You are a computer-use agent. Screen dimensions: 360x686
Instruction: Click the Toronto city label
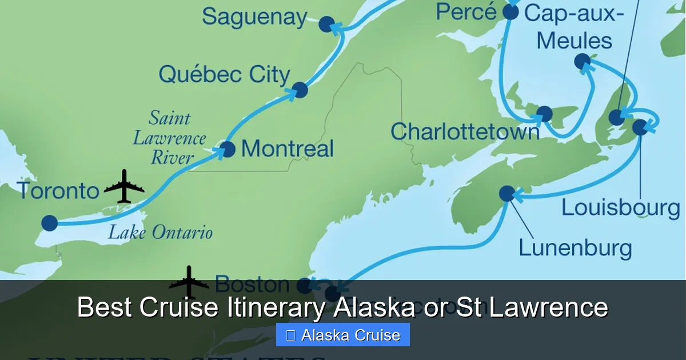pos(58,191)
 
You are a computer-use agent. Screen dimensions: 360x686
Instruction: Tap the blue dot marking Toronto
pos(50,223)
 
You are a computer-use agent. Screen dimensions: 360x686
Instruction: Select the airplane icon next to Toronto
pos(124,186)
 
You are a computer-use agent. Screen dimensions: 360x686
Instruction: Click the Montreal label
pos(287,149)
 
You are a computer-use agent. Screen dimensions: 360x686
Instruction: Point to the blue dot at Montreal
pos(228,149)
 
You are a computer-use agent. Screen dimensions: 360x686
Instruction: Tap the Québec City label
pos(224,75)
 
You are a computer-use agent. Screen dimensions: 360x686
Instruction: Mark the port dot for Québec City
pos(300,90)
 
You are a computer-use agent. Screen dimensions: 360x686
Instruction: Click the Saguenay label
pos(254,17)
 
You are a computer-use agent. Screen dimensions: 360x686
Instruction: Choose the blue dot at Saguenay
pos(326,24)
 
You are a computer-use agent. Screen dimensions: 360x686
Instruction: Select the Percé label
pos(466,12)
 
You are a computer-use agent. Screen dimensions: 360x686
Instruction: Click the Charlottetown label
pos(465,132)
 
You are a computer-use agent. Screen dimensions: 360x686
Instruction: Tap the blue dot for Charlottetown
pos(545,114)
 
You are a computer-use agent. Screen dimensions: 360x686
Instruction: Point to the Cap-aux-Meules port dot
pos(582,61)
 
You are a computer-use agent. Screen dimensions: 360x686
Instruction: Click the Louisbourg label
pos(620,207)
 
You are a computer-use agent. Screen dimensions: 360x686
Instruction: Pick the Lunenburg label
pos(575,248)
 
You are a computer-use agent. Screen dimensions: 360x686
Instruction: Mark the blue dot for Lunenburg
pos(506,194)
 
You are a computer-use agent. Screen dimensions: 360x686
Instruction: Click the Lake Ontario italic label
pos(160,233)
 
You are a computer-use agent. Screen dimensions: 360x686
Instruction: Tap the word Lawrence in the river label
pos(170,138)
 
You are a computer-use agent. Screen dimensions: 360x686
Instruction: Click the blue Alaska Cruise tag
pos(343,335)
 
